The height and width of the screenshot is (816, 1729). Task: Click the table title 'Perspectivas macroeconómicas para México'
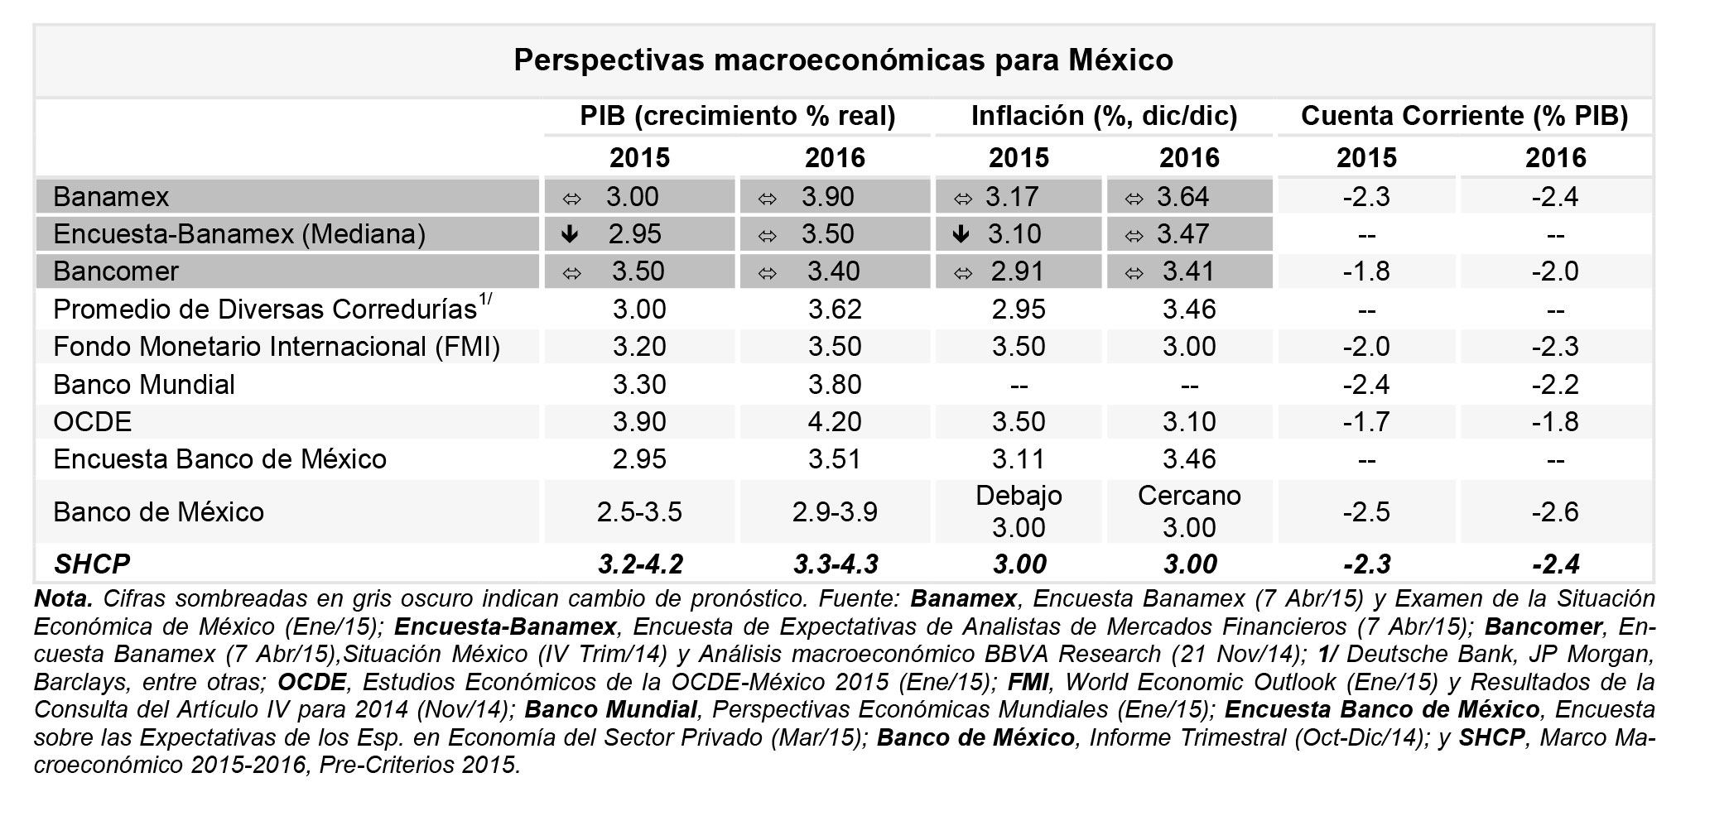(843, 60)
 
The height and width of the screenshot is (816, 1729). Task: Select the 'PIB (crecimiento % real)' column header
(737, 116)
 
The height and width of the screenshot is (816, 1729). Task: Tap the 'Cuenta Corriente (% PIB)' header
(1464, 116)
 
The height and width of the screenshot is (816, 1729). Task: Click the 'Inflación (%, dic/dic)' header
(1104, 116)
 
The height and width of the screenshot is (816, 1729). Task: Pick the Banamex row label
(111, 197)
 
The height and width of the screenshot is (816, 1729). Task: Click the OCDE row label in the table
(92, 422)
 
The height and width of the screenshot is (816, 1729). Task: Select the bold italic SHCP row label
(91, 564)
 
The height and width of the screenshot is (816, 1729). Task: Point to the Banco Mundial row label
(144, 385)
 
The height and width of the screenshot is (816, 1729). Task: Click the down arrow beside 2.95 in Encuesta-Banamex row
(570, 234)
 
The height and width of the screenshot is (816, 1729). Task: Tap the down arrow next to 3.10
(961, 234)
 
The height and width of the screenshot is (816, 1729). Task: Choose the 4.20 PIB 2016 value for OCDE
(835, 422)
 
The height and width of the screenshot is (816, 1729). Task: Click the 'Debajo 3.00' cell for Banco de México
(1019, 511)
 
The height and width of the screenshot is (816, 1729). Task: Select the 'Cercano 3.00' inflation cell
(1189, 511)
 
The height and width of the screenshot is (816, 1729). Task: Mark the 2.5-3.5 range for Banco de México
(639, 512)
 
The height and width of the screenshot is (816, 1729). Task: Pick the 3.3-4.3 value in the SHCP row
(835, 564)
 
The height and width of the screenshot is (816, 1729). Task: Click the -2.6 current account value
(1555, 512)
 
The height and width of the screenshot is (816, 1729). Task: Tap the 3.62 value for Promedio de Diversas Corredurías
(835, 310)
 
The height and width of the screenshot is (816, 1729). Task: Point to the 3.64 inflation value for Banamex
(1182, 197)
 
